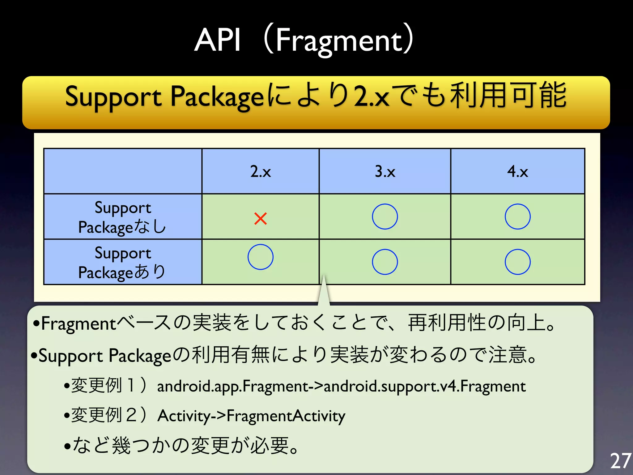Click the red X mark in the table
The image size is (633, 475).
click(260, 218)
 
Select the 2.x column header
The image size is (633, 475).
click(260, 171)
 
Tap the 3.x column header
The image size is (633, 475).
click(385, 171)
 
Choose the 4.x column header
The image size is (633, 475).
click(517, 171)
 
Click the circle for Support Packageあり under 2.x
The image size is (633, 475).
click(260, 257)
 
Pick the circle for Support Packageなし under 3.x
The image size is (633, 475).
click(385, 216)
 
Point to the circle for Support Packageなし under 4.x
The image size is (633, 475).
click(517, 216)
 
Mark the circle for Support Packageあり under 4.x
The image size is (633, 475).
click(517, 262)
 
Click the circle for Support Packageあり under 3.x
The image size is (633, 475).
click(385, 262)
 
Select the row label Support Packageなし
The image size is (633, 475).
click(123, 217)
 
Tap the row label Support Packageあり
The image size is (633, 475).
click(123, 262)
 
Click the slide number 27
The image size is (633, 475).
click(620, 461)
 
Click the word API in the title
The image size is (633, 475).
click(218, 40)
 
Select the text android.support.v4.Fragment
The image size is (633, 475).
click(424, 386)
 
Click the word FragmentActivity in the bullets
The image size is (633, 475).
click(286, 416)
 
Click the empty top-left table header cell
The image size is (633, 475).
click(123, 171)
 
